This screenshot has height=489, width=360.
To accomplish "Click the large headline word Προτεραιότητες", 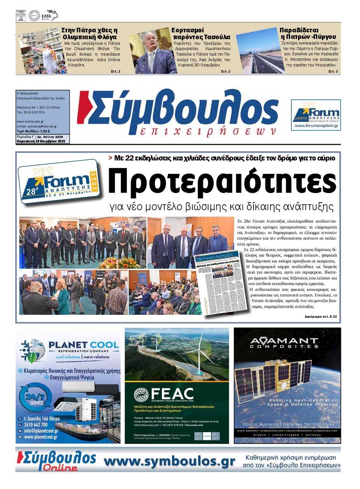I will [222, 181].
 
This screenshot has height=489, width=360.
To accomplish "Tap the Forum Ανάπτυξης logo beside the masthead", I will [316, 115].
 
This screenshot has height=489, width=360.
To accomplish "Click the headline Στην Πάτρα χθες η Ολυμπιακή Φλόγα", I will [89, 33].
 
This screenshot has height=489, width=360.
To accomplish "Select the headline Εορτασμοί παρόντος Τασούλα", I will [201, 33].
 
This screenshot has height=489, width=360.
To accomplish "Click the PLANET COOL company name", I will [83, 345].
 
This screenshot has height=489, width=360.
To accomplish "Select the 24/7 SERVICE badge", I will [36, 399].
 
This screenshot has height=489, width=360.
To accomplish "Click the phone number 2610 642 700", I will [36, 425].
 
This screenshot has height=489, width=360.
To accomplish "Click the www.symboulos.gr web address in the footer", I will [169, 461].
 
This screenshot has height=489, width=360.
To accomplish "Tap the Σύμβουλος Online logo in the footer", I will [57, 460].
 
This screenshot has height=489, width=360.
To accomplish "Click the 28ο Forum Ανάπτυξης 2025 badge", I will [59, 182].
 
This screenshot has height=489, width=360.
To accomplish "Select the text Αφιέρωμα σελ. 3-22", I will [320, 317].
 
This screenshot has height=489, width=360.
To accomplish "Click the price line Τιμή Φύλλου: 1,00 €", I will [33, 131].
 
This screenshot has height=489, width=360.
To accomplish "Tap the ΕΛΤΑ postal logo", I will [49, 15].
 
